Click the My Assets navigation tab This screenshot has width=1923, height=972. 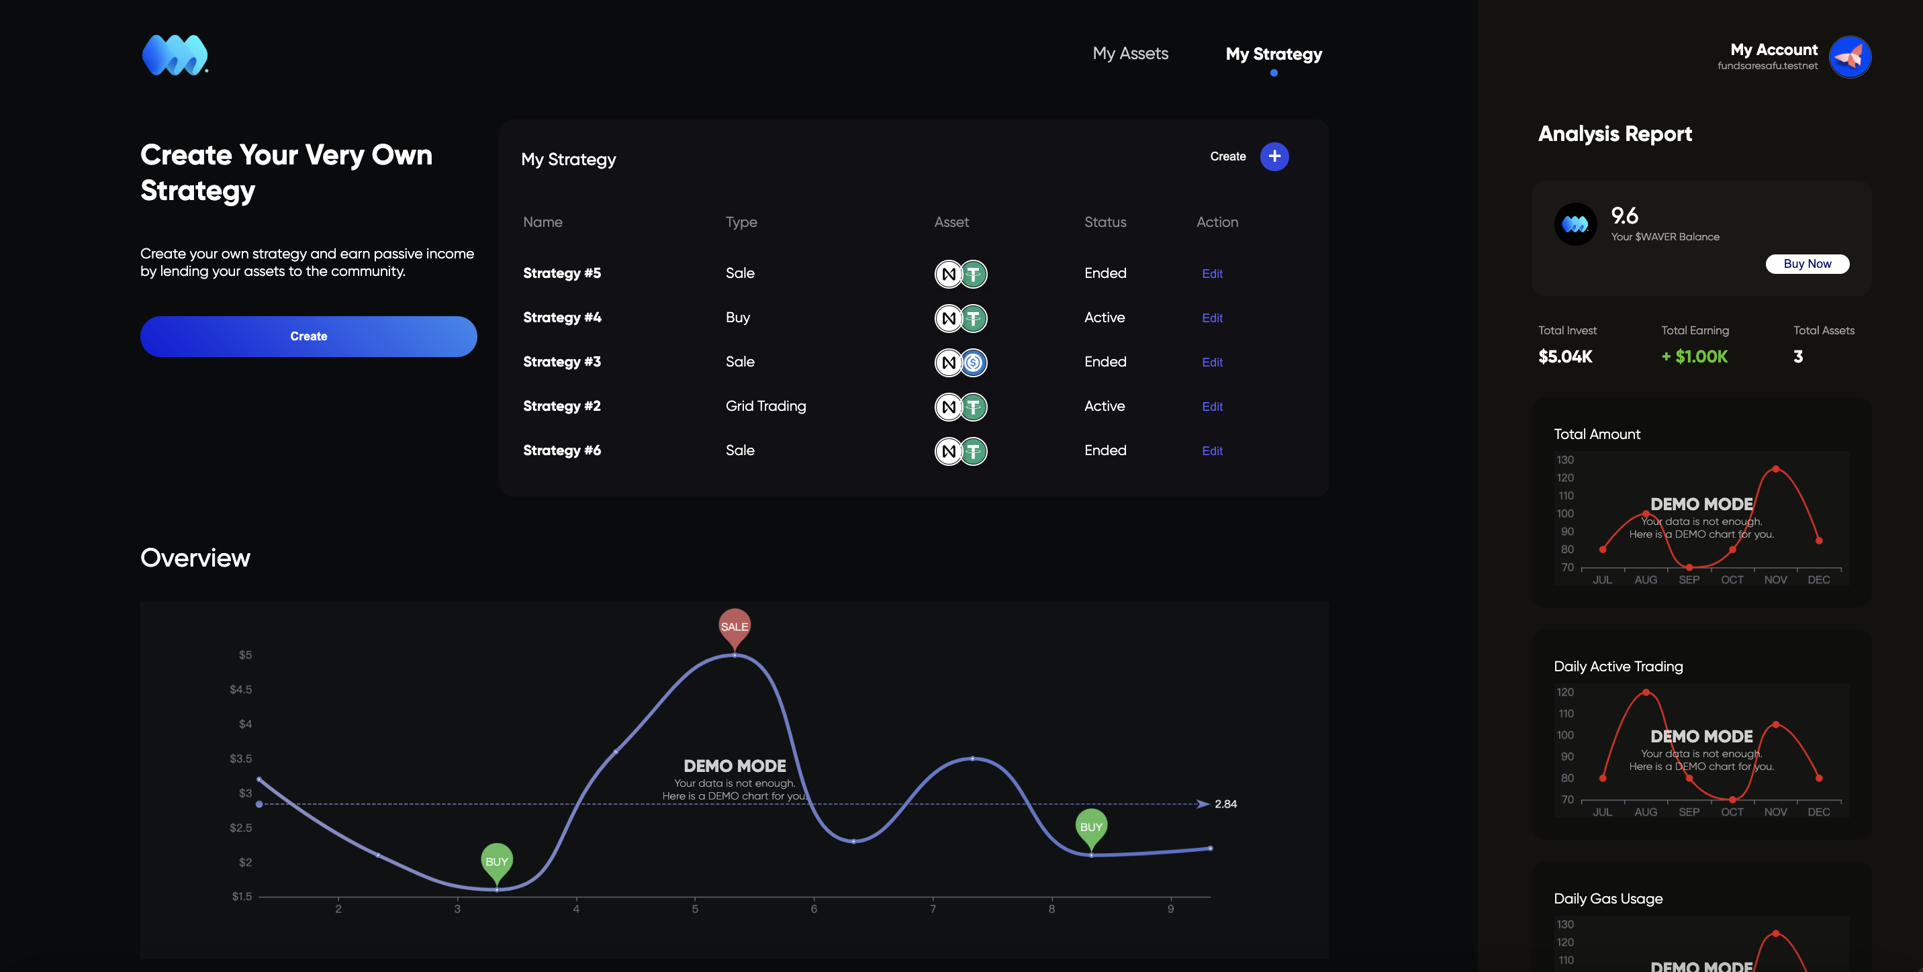tap(1130, 54)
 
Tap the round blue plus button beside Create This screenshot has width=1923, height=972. tap(1274, 157)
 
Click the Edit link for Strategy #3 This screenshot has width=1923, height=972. tap(1211, 362)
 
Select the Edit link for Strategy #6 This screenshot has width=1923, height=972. tap(1211, 451)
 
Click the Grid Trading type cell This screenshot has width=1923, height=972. tap(765, 406)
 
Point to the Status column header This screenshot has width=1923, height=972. tap(1105, 222)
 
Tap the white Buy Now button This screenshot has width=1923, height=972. tap(1807, 264)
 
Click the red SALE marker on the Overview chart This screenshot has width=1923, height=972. tap(734, 626)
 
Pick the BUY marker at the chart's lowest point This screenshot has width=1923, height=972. tap(496, 861)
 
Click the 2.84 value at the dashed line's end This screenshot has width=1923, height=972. tap(1225, 804)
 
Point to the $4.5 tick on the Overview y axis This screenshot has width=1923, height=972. tap(240, 690)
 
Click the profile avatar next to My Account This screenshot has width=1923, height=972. tap(1849, 57)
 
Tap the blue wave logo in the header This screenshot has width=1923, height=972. tap(175, 55)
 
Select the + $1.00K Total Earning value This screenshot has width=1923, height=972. tap(1695, 357)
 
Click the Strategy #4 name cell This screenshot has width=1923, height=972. tap(562, 318)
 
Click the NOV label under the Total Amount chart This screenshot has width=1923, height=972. tap(1775, 580)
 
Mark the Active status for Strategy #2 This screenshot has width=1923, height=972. tap(1104, 406)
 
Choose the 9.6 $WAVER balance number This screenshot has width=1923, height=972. tap(1624, 217)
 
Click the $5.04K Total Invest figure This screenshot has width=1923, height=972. tap(1564, 357)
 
